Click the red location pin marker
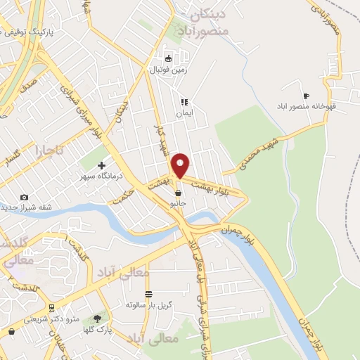[x=181, y=165]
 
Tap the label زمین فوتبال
[x=167, y=70]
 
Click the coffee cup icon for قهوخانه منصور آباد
[x=305, y=96]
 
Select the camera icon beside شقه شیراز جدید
[x=25, y=197]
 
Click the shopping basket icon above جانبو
[x=179, y=192]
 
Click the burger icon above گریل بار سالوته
[x=148, y=294]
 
